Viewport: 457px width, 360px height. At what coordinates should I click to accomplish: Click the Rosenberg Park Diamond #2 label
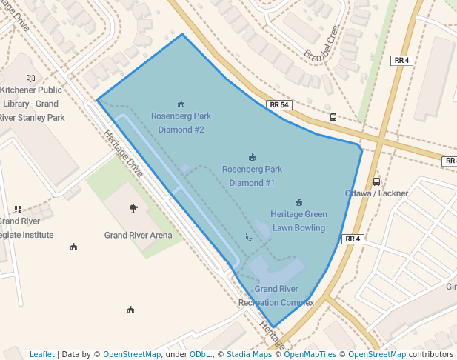181,123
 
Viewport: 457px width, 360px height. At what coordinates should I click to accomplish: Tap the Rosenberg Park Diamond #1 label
252,176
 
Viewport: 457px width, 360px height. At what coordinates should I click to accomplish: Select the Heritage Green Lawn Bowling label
298,221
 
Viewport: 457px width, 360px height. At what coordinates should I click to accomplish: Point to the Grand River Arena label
138,236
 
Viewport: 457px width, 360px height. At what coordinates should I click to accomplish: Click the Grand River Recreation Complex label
276,296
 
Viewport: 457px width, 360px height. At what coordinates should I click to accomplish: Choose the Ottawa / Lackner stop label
376,193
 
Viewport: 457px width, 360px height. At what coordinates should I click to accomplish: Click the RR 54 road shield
279,105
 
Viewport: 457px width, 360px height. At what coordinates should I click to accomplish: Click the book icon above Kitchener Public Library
30,78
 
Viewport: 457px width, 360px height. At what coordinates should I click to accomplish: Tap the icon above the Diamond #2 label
181,103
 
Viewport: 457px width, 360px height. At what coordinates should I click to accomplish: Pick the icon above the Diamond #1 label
252,156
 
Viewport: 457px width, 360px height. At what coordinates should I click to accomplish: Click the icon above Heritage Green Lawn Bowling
298,201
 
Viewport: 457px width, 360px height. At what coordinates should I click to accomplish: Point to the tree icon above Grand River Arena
133,208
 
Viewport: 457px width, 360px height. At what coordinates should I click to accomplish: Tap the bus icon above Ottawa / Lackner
376,181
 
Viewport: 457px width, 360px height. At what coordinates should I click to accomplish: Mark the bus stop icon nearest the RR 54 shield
333,117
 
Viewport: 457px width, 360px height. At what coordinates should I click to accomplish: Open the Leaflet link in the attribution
41,354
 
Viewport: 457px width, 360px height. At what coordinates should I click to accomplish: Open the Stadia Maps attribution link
249,354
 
